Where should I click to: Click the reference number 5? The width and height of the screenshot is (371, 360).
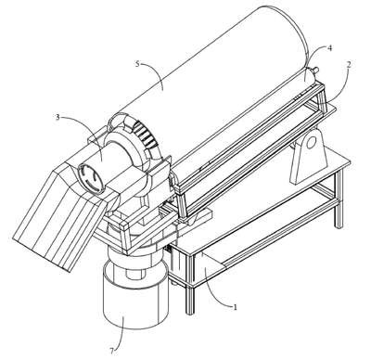click(138, 64)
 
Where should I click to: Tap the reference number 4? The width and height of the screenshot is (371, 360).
click(330, 48)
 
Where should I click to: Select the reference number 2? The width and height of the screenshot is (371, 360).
click(349, 64)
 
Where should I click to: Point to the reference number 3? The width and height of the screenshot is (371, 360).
click(58, 117)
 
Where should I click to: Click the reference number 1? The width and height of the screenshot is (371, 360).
click(236, 307)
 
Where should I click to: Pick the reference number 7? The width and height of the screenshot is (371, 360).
click(112, 351)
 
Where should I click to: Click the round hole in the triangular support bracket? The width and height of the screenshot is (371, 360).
click(311, 143)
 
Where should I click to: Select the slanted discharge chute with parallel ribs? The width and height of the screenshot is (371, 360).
click(58, 216)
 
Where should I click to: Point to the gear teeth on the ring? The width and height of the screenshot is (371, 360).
click(145, 134)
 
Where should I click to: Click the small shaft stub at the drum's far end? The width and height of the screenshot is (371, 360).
click(315, 71)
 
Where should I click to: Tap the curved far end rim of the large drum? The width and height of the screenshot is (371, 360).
click(295, 34)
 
